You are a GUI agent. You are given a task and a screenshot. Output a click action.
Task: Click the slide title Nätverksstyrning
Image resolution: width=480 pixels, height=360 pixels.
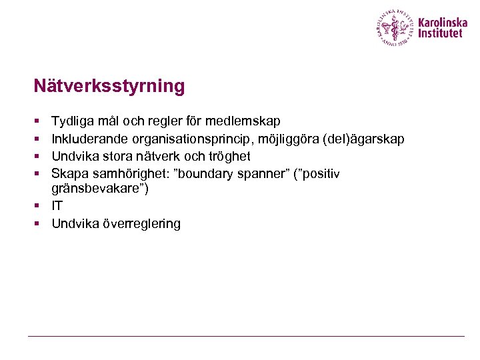click(x=109, y=86)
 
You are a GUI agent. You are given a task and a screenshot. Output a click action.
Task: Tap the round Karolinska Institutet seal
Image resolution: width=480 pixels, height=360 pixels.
click(x=395, y=28)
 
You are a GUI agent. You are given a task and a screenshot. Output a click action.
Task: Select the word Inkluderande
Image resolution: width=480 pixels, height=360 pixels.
click(x=90, y=139)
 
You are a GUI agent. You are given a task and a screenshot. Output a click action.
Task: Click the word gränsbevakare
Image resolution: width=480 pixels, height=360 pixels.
click(x=97, y=189)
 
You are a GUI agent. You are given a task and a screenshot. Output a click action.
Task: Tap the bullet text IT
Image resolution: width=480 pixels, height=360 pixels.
click(x=57, y=207)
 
